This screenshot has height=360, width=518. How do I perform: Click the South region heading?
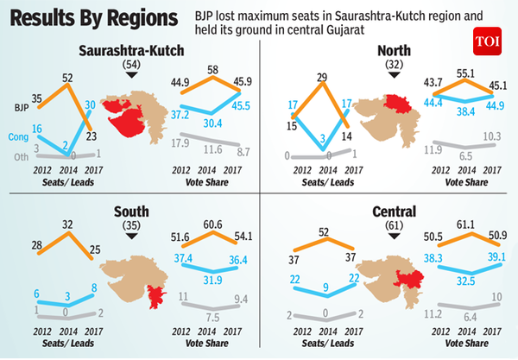pos(131,212)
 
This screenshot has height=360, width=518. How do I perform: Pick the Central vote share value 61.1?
pos(467,223)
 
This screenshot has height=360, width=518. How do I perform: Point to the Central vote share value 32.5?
pos(468,280)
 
